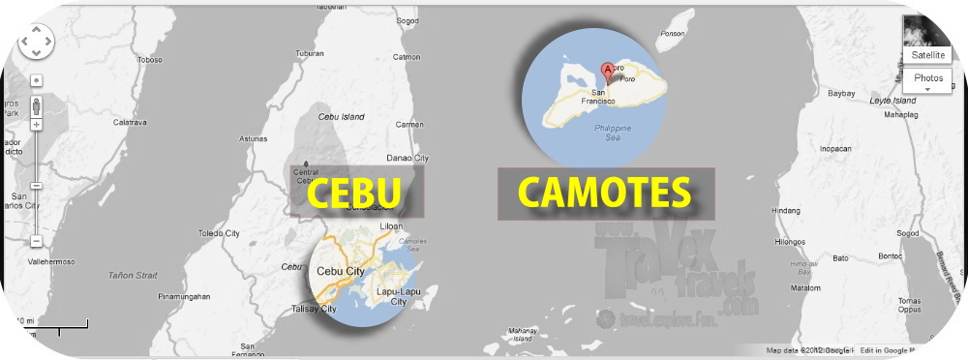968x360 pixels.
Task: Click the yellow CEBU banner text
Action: click(x=354, y=193)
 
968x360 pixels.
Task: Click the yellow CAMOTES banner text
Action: click(x=605, y=192)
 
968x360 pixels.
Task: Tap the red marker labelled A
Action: click(x=608, y=70)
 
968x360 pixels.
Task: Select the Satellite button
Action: click(x=927, y=55)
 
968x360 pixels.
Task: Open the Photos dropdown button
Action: click(x=927, y=80)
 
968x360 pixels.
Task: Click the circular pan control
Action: click(x=36, y=41)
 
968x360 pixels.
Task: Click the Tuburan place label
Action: click(x=309, y=52)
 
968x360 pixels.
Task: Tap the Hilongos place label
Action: click(x=791, y=243)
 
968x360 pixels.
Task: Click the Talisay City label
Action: click(x=314, y=309)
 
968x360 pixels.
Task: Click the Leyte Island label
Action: click(x=891, y=101)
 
